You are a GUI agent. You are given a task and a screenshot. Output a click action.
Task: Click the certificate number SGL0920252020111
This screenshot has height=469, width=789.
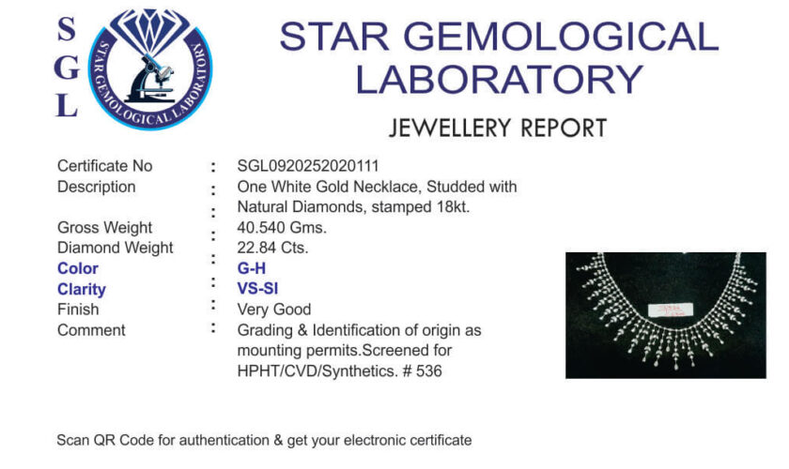pyautogui.click(x=308, y=166)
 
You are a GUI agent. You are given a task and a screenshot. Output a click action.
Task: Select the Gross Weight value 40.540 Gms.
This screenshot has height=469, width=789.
pyautogui.click(x=282, y=227)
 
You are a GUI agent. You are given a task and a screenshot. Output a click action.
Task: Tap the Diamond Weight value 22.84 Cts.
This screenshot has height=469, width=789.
pyautogui.click(x=272, y=248)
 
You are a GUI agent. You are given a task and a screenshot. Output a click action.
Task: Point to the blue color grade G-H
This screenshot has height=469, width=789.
pyautogui.click(x=252, y=268)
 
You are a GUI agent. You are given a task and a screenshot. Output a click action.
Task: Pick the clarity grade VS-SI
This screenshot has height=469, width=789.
pyautogui.click(x=257, y=289)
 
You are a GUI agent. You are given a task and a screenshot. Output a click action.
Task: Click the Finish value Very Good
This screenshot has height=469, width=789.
pyautogui.click(x=274, y=310)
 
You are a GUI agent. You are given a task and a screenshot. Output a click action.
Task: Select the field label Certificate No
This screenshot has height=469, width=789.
pyautogui.click(x=104, y=166)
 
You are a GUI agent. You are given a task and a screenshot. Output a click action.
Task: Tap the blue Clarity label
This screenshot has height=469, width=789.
pyautogui.click(x=82, y=289)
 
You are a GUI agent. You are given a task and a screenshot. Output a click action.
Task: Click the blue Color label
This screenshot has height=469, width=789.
pyautogui.click(x=77, y=268)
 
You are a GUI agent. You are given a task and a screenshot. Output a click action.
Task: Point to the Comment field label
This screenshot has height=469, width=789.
pyautogui.click(x=91, y=330)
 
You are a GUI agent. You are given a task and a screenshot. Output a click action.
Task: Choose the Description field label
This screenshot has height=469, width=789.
pyautogui.click(x=96, y=187)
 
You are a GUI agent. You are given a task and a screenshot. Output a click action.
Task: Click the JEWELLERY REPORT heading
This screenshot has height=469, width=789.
pyautogui.click(x=498, y=129)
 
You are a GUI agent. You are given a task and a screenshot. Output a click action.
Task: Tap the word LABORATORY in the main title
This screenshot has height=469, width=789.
pyautogui.click(x=499, y=80)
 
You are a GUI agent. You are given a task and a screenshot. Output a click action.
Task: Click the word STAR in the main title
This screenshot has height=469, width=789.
pyautogui.click(x=334, y=37)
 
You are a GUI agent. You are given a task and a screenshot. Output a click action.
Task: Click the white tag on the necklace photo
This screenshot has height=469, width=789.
pyautogui.click(x=671, y=310)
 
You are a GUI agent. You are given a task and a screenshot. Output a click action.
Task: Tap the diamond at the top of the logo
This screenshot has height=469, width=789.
pyautogui.click(x=149, y=29)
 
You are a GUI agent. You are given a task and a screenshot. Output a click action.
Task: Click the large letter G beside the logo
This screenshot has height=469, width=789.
pyautogui.click(x=67, y=68)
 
